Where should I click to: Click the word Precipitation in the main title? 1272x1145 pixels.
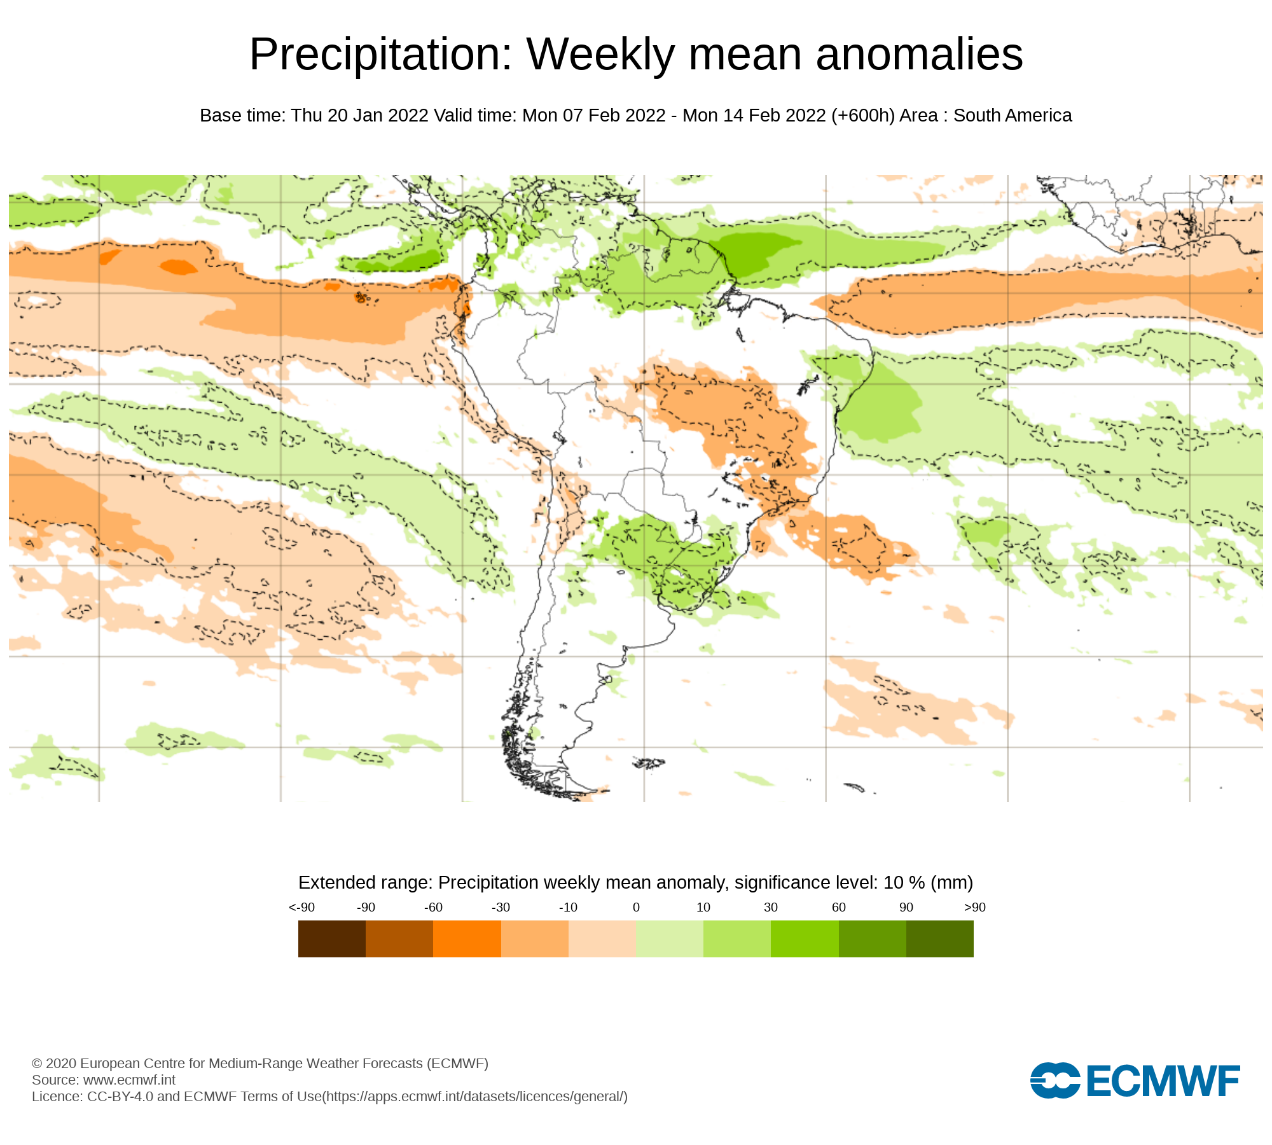tap(380, 55)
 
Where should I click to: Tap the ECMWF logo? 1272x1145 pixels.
tap(1135, 1080)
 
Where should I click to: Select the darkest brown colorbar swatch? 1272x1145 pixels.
tap(331, 938)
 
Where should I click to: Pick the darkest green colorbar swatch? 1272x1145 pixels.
tap(939, 938)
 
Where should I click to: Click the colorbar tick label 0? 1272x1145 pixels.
tap(636, 907)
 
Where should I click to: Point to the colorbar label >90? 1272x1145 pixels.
tap(974, 907)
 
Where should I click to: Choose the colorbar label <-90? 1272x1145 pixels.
tap(301, 907)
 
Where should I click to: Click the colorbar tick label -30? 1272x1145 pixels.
tap(501, 907)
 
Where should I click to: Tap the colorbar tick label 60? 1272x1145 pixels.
tap(838, 907)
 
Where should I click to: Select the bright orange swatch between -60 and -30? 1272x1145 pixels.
tap(467, 938)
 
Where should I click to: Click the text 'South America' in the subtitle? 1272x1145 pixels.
tap(1013, 115)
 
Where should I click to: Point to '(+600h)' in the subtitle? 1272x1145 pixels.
tap(862, 115)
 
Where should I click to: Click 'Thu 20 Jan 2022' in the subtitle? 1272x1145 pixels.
tap(359, 115)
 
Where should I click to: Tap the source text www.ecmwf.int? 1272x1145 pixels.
tap(129, 1079)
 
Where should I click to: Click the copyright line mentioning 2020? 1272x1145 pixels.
tap(259, 1063)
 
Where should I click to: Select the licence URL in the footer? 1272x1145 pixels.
tap(475, 1096)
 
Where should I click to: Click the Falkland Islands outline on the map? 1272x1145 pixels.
tap(649, 763)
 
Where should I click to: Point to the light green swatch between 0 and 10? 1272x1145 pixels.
tap(669, 938)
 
